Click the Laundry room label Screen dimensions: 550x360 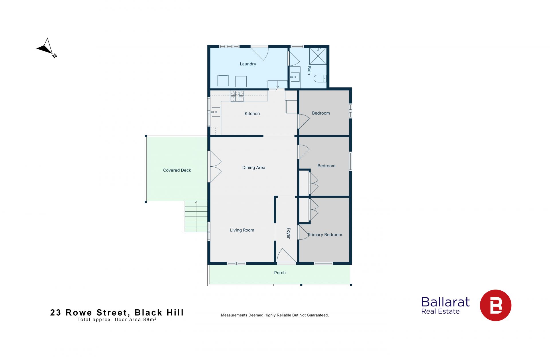[x=248, y=64]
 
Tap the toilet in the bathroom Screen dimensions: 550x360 [x=320, y=78]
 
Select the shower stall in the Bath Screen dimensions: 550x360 [x=318, y=56]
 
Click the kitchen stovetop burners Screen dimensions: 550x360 [x=237, y=96]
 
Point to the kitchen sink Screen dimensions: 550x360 [x=216, y=112]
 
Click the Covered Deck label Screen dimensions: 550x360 [x=177, y=170]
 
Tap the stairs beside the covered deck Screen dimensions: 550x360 [x=196, y=217]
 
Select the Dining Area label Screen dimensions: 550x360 [x=254, y=168]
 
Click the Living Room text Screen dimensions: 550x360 [x=242, y=230]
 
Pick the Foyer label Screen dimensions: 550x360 [x=288, y=233]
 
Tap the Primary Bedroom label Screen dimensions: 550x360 [x=325, y=235]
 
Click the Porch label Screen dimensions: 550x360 [x=280, y=273]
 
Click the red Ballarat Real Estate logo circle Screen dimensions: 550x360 [x=496, y=305]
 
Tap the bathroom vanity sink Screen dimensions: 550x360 [x=295, y=77]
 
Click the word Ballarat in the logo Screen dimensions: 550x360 [x=445, y=302]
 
